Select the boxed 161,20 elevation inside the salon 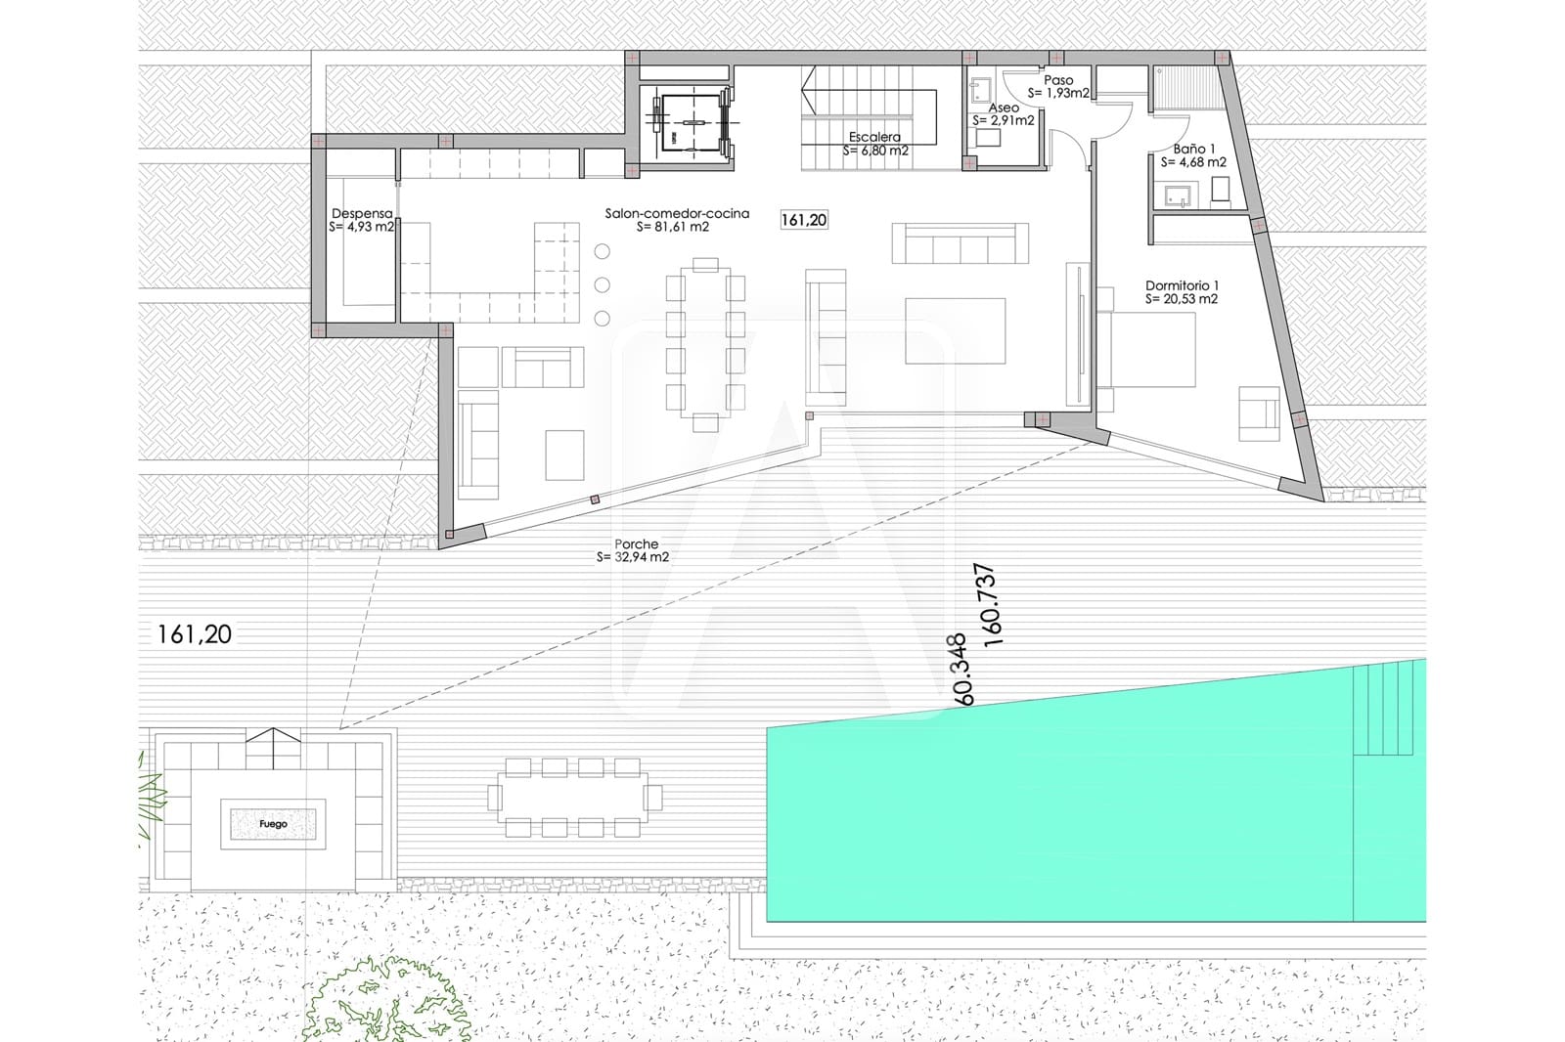[x=804, y=220]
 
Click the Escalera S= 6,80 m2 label [x=875, y=144]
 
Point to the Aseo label [x=1004, y=108]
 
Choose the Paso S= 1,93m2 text [x=1058, y=87]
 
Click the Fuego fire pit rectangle [x=273, y=824]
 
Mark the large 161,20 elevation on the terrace [x=195, y=634]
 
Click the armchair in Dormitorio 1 [x=1260, y=413]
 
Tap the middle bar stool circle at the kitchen [x=603, y=284]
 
